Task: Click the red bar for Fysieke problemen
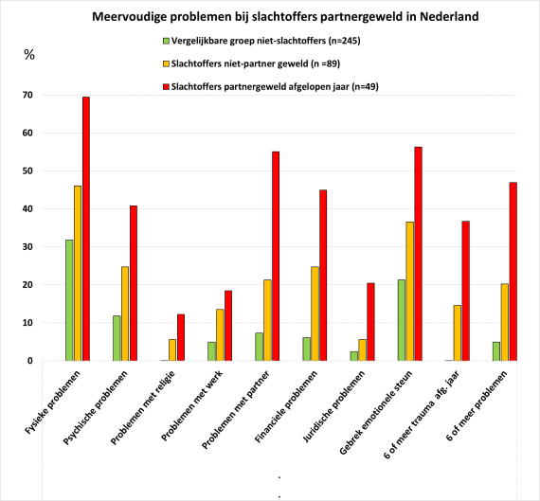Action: (x=86, y=228)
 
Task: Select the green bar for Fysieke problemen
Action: (x=69, y=300)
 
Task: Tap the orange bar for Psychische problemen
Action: (x=125, y=313)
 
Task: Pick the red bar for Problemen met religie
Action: (x=181, y=337)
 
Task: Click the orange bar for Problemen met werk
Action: (x=220, y=334)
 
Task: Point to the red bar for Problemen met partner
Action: (x=276, y=256)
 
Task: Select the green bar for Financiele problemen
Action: (x=307, y=349)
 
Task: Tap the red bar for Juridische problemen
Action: (x=370, y=322)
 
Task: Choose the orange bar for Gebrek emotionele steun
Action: (x=410, y=292)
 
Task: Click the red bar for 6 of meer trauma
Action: (x=465, y=291)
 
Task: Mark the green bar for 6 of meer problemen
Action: (x=496, y=351)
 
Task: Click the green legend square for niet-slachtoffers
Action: (x=167, y=41)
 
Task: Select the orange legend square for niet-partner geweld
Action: (x=167, y=63)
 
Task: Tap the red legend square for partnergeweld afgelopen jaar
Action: (x=167, y=87)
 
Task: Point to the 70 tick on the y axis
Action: (x=27, y=95)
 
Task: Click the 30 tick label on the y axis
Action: (x=27, y=247)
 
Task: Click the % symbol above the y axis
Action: (x=29, y=55)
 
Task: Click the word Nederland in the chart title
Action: (x=449, y=16)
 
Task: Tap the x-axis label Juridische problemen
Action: (x=333, y=406)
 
